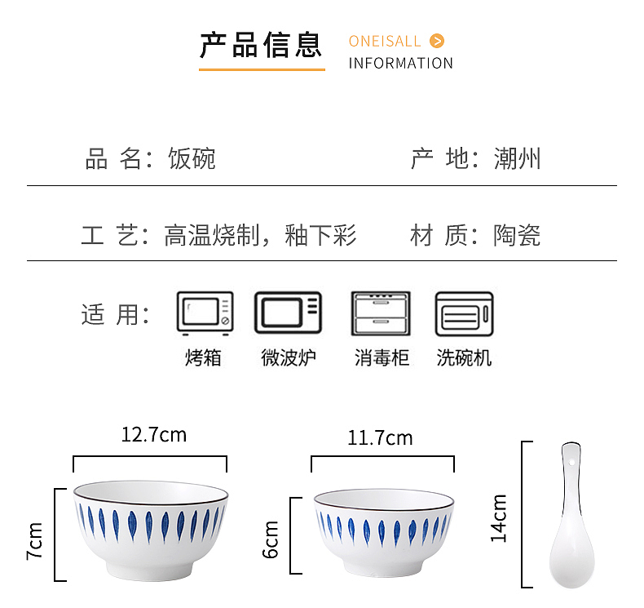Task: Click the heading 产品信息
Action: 261,44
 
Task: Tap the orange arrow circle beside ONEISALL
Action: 437,41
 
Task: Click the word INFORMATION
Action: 400,64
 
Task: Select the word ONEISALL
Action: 385,42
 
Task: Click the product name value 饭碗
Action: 192,158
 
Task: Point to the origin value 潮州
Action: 517,158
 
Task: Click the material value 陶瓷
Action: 517,237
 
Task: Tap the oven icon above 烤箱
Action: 205,313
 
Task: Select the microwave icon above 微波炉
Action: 288,313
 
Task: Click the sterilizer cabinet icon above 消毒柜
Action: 381,313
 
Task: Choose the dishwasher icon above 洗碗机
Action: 464,313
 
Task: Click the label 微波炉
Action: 289,357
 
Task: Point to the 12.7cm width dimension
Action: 153,434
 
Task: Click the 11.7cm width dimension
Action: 380,438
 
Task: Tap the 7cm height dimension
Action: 34,540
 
